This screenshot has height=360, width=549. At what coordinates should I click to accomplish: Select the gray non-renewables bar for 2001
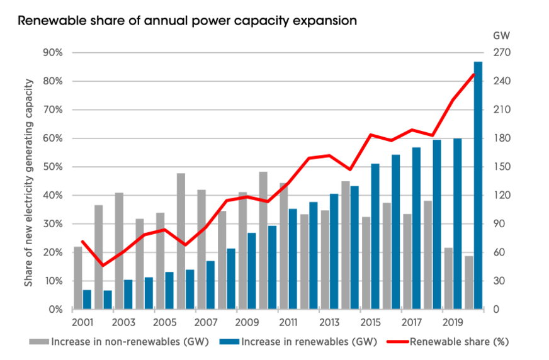tap(78, 278)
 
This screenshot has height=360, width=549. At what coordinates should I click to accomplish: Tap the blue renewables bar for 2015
tap(375, 236)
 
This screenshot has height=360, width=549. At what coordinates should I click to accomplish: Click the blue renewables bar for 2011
tap(293, 259)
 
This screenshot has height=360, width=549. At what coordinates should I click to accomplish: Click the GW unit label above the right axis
tap(501, 34)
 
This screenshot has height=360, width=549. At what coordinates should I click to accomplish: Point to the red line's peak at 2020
tap(474, 74)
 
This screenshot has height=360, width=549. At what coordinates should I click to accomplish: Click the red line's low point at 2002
tap(103, 266)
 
